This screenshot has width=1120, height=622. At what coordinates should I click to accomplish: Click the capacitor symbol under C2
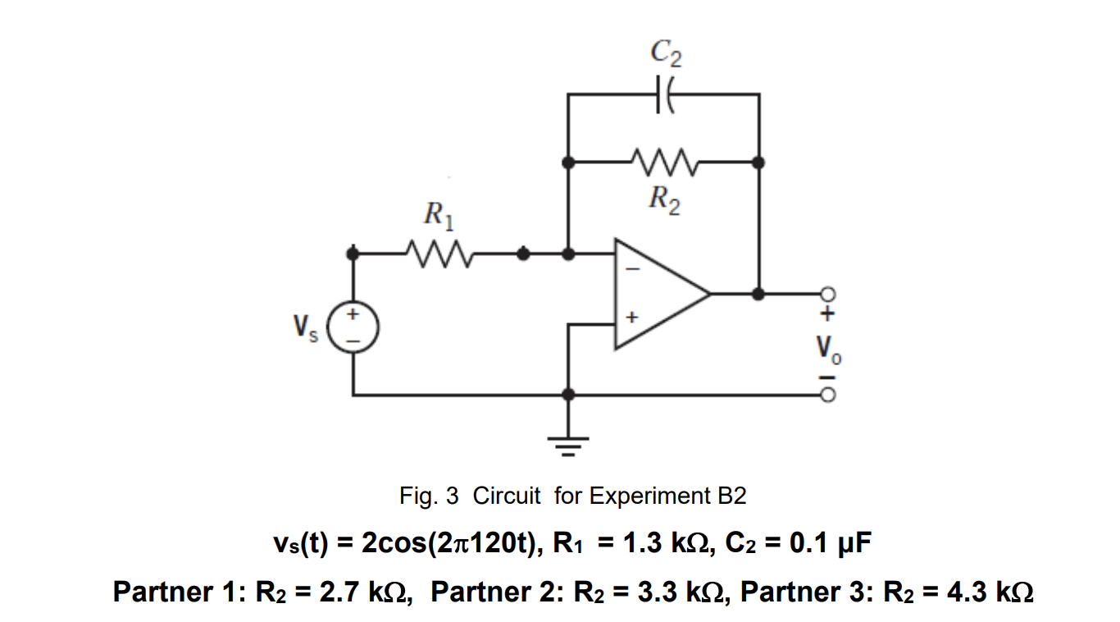click(x=665, y=94)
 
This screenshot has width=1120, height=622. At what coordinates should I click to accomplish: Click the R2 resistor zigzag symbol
click(x=665, y=162)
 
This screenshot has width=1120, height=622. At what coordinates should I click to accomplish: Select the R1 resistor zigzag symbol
click(x=437, y=254)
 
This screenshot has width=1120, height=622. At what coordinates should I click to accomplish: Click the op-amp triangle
click(x=656, y=293)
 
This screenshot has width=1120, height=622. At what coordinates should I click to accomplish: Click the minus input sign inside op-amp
click(x=632, y=269)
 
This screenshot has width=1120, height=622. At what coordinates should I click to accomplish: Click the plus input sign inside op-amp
click(x=631, y=316)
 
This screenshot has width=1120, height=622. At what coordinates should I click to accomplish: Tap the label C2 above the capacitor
click(x=666, y=53)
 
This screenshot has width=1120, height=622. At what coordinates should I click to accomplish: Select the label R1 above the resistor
click(x=437, y=217)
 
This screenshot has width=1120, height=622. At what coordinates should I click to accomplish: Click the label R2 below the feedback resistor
click(x=665, y=199)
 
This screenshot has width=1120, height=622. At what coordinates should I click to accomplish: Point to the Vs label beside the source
click(x=305, y=329)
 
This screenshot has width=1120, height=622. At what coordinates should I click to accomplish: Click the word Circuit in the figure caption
click(x=507, y=496)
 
